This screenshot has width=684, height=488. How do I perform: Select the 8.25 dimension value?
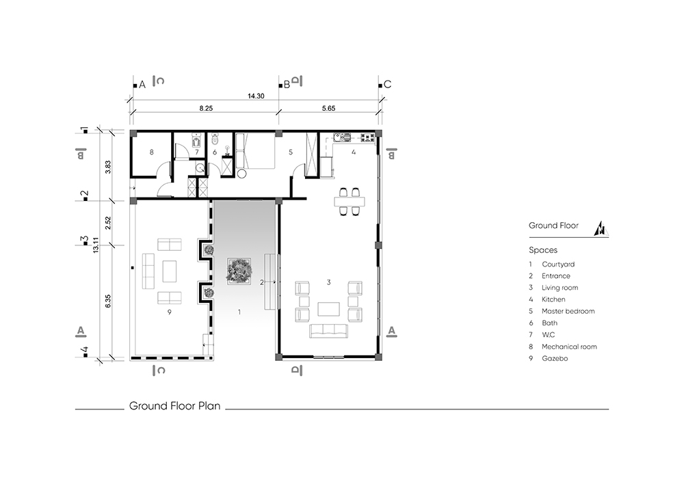206,108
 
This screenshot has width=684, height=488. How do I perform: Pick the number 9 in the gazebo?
169,312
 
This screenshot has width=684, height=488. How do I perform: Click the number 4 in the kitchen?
354,152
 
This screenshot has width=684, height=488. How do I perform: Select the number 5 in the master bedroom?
291,152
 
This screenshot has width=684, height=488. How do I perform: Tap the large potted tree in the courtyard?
239,270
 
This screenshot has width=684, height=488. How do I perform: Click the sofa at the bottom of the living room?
328,331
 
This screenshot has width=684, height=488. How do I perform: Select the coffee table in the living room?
328,309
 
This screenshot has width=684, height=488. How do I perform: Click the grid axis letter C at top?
387,85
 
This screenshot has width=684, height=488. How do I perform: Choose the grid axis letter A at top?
142,85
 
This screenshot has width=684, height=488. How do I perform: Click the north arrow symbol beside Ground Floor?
601,229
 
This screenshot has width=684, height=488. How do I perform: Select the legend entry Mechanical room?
569,347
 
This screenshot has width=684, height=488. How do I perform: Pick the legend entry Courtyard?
558,264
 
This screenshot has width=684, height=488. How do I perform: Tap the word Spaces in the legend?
543,250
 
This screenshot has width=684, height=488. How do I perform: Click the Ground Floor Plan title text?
174,406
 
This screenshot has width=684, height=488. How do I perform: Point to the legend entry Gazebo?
555,358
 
